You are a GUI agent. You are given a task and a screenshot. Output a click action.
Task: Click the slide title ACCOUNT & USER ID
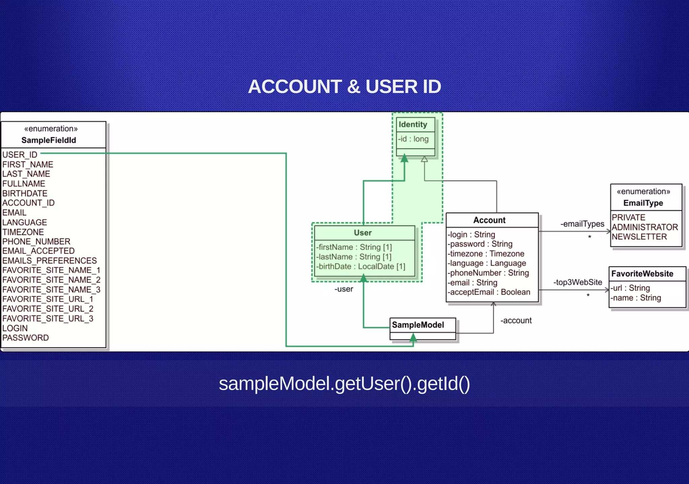click(x=344, y=87)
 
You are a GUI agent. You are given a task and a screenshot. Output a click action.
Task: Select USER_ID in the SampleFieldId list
click(x=20, y=155)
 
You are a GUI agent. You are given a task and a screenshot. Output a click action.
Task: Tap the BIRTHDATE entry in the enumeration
click(x=25, y=193)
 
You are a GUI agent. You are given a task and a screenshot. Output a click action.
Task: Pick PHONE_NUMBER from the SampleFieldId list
click(x=36, y=241)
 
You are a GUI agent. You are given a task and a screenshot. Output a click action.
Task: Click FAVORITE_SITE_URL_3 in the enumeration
click(x=48, y=318)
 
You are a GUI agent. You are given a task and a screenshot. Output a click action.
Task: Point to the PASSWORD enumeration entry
click(x=26, y=337)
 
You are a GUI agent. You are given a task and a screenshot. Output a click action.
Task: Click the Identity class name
click(x=413, y=124)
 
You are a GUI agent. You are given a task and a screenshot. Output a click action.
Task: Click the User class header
click(x=363, y=233)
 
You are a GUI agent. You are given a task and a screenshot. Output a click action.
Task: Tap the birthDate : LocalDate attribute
click(x=361, y=267)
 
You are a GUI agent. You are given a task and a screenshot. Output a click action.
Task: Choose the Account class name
click(x=489, y=220)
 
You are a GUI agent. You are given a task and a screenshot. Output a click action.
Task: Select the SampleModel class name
click(x=418, y=325)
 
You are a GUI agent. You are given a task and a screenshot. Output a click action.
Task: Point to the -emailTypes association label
click(x=582, y=224)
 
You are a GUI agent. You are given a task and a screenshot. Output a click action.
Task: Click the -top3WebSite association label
click(x=578, y=282)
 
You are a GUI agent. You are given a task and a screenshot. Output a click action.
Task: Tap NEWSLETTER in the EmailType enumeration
click(x=639, y=237)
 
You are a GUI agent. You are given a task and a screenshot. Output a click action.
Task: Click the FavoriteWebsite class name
click(x=642, y=274)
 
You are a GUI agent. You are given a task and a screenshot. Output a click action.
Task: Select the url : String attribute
click(x=630, y=288)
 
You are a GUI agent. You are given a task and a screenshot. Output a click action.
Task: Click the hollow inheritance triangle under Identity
click(x=425, y=159)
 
